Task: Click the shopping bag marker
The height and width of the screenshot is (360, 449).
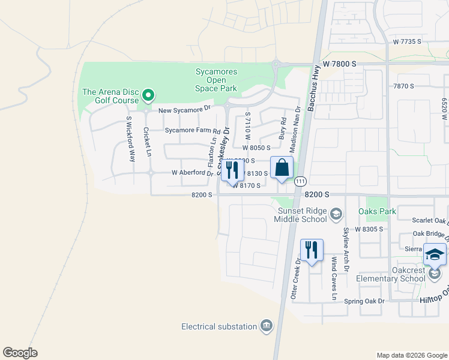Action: point(282,169)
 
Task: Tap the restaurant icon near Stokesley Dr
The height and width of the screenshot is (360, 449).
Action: point(231,170)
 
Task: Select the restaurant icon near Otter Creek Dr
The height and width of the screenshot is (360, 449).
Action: point(311,250)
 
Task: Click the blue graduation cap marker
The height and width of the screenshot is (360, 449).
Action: point(435,255)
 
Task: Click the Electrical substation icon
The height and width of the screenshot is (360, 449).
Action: point(267,326)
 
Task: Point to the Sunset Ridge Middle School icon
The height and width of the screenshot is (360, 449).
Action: point(336,213)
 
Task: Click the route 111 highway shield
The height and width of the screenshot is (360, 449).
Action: point(300,181)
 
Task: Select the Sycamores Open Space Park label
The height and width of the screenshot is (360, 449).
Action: point(216,80)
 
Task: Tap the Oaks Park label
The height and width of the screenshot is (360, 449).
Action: point(377,212)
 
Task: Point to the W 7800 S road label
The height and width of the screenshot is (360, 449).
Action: point(339,63)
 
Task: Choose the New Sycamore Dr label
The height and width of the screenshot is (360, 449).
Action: point(185,110)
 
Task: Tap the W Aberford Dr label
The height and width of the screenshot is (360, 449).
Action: point(192,173)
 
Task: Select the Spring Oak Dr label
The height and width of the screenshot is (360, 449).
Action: point(364,301)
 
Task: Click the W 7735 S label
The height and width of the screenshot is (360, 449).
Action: point(408,41)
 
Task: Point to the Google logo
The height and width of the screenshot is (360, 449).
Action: point(20,353)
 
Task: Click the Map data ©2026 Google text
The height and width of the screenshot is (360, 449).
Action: point(411,355)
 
